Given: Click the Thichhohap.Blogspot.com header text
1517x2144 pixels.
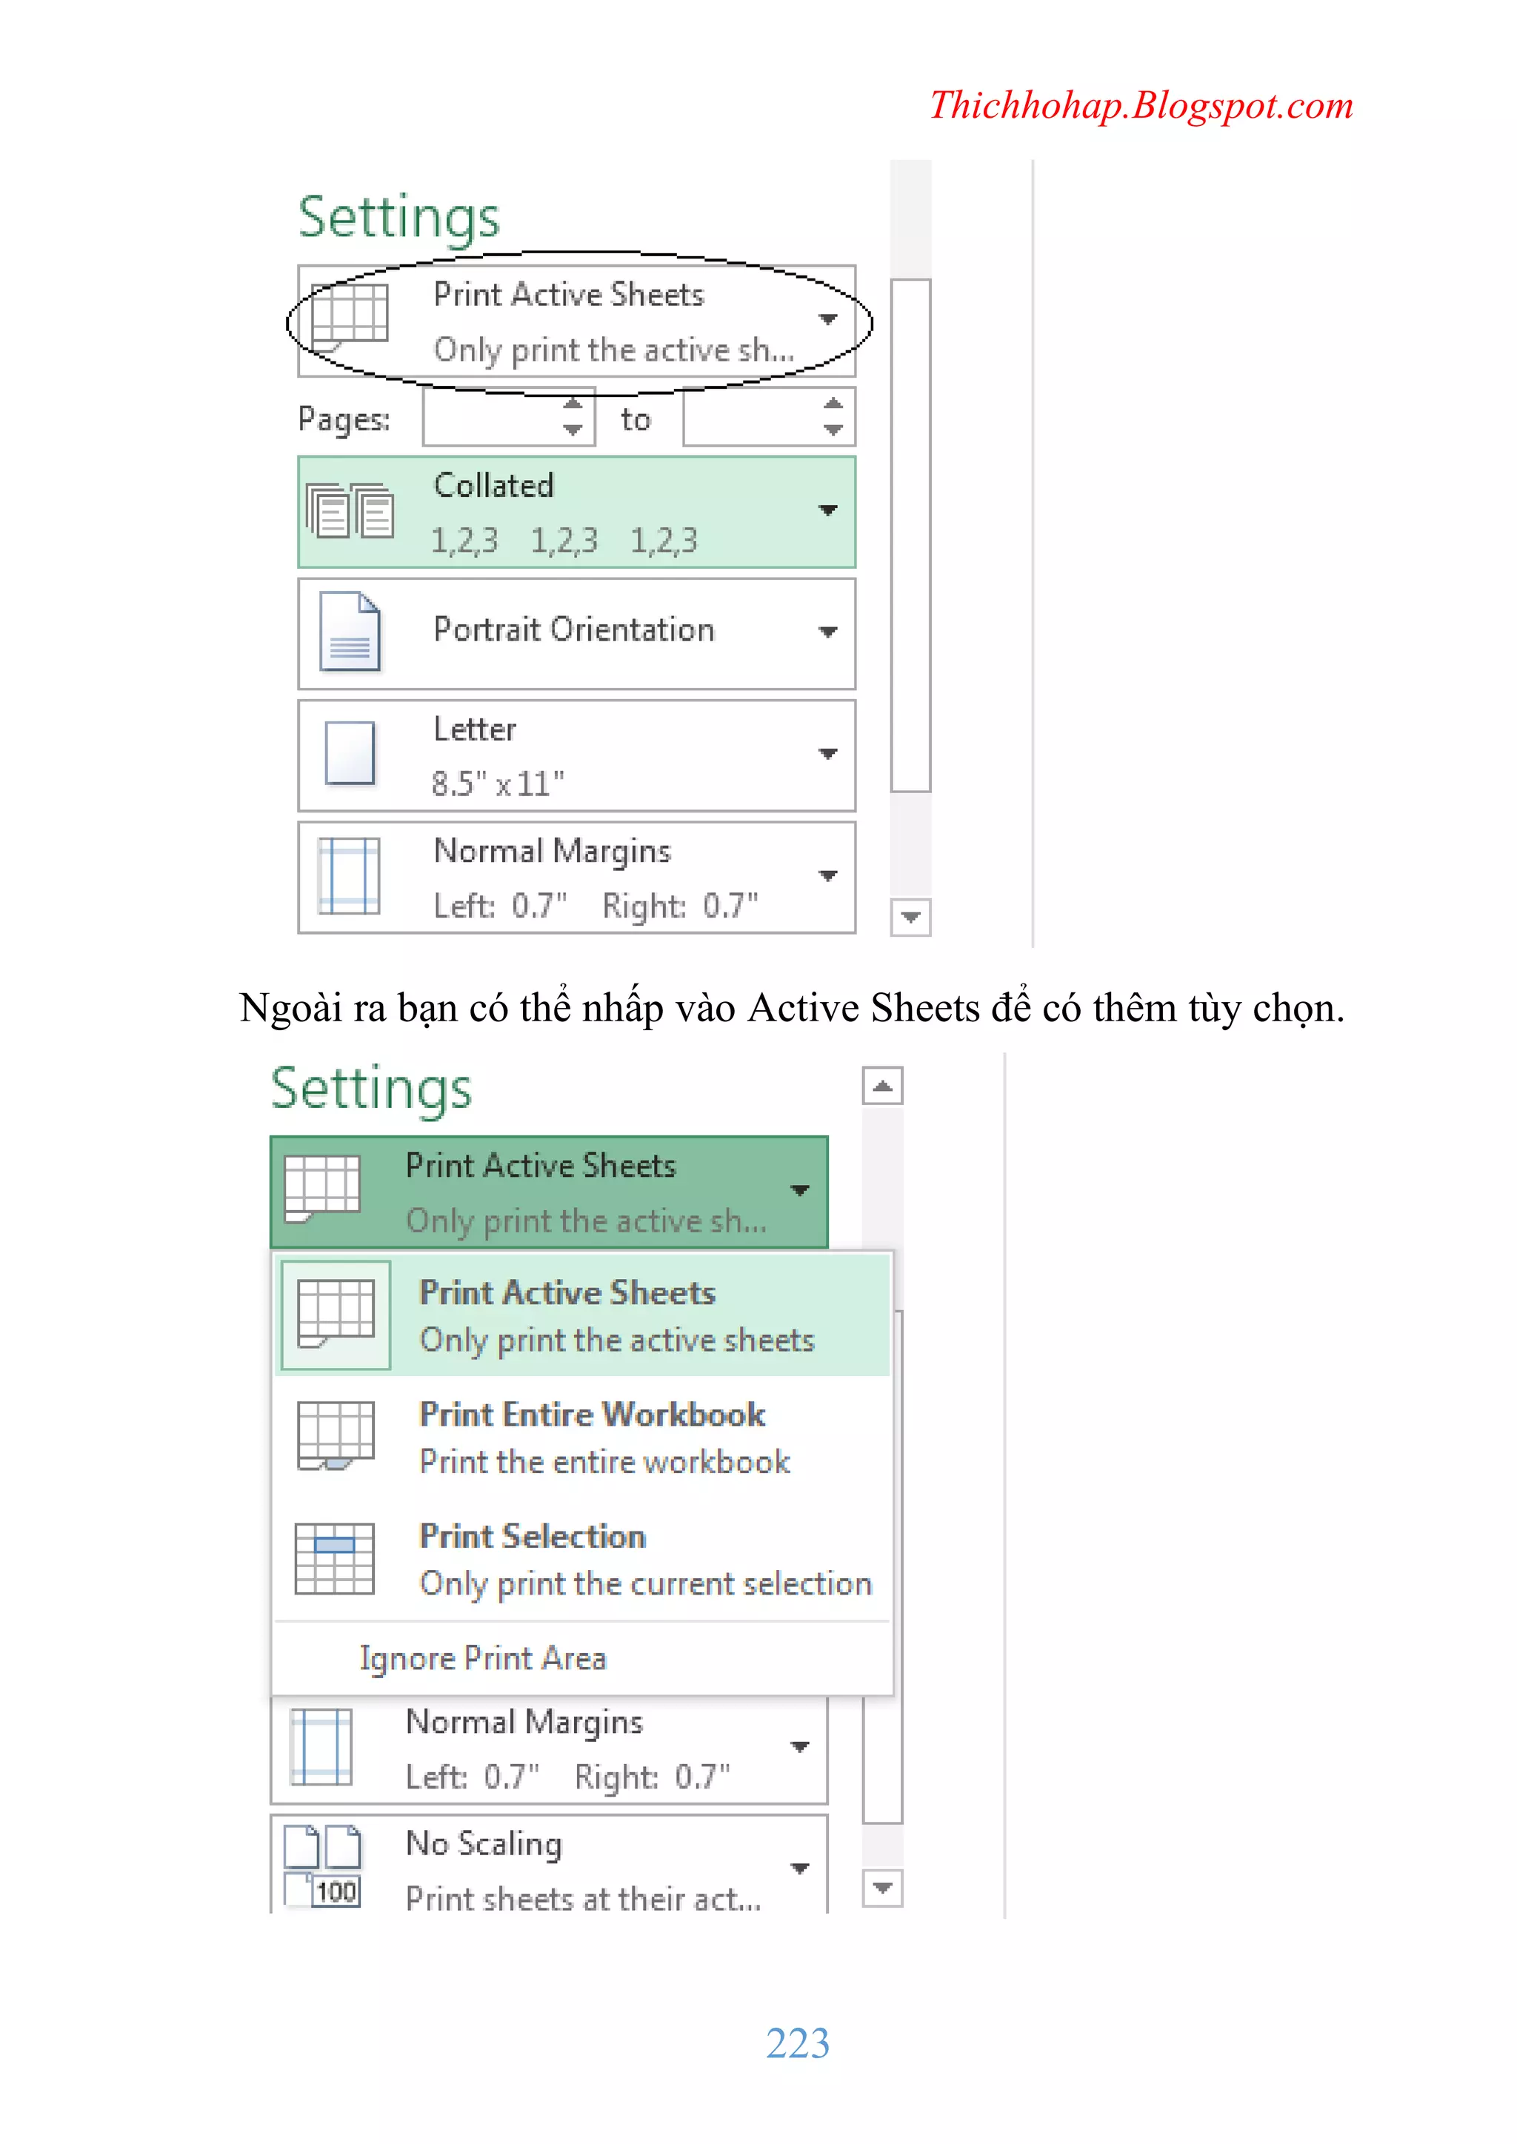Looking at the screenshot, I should (x=1141, y=105).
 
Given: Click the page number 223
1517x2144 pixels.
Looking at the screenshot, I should (x=797, y=2043).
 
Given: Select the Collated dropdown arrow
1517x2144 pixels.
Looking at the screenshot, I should (x=827, y=510).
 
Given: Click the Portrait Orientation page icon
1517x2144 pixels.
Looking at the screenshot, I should (x=350, y=632).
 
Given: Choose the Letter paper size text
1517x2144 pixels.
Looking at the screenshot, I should (x=475, y=729).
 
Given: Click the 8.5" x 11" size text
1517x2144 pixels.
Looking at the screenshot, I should (x=498, y=784).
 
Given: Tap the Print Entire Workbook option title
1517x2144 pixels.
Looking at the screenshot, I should (x=593, y=1415).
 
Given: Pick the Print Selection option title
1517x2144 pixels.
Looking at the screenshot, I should (x=533, y=1537).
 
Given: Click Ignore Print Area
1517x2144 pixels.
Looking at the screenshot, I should (x=483, y=1658).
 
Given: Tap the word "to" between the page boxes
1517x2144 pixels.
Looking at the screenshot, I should (x=636, y=420).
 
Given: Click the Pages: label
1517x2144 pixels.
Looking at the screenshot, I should (x=344, y=420).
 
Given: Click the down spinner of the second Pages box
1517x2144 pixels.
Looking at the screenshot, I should (x=833, y=430).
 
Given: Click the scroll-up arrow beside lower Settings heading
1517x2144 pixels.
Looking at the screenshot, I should (x=881, y=1086).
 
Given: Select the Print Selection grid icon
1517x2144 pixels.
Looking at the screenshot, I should (x=334, y=1558).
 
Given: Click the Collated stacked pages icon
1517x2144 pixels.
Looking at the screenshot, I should (x=350, y=512).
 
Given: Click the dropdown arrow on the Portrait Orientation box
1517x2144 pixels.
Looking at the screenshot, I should (x=827, y=632).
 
